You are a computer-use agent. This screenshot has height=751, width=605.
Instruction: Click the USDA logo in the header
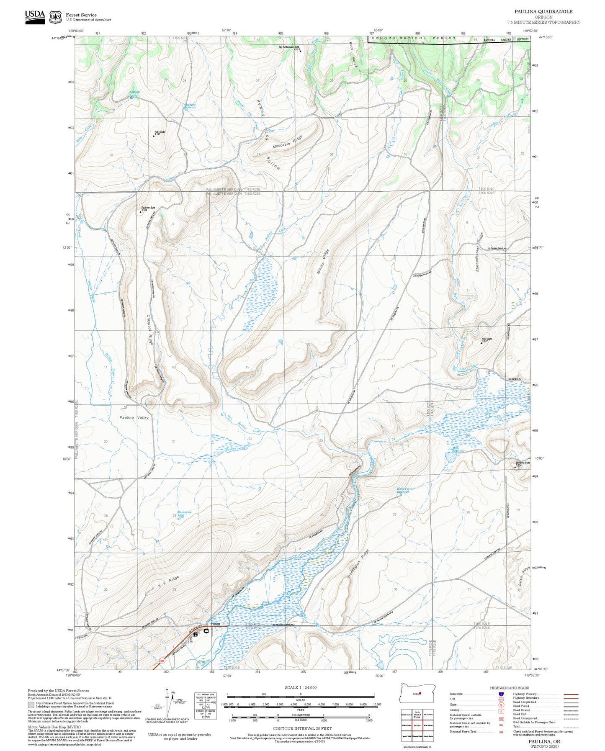[x=35, y=16]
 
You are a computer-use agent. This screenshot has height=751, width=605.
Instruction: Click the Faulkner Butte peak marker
[x=141, y=212]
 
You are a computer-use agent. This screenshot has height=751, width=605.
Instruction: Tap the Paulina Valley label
[x=134, y=417]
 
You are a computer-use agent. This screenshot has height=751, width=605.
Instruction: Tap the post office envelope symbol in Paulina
[x=206, y=631]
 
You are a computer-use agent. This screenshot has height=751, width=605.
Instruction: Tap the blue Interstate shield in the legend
[x=501, y=694]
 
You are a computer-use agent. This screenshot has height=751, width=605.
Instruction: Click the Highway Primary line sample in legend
[x=571, y=694]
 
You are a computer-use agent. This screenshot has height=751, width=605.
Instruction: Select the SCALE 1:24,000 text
[x=300, y=687]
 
